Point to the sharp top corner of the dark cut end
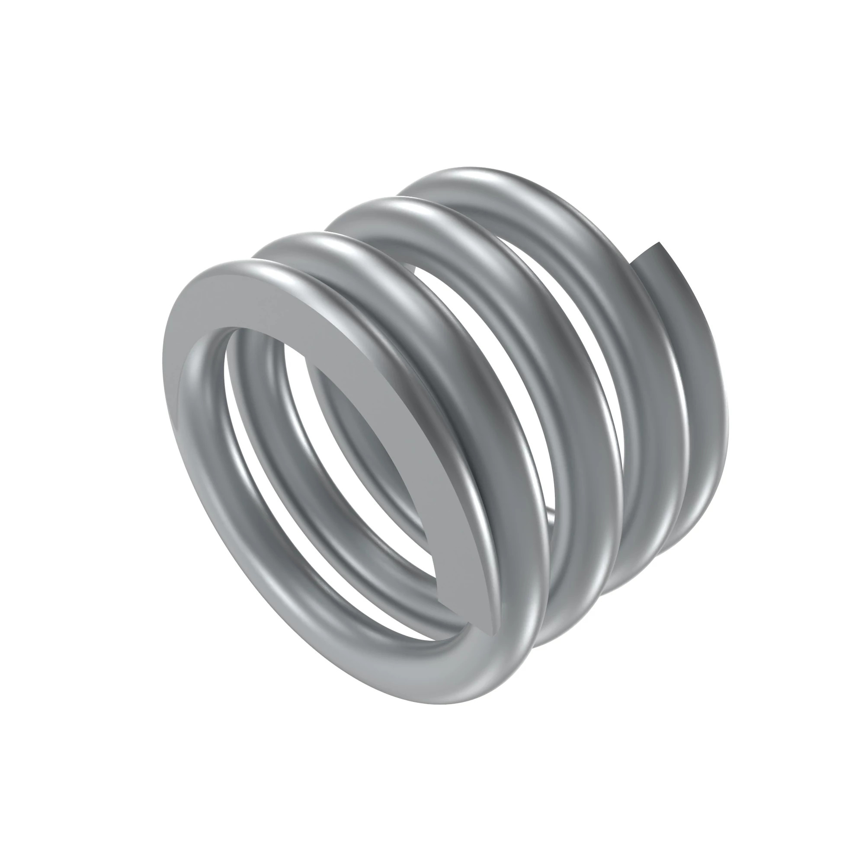tap(659, 243)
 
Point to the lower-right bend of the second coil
tap(577, 596)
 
